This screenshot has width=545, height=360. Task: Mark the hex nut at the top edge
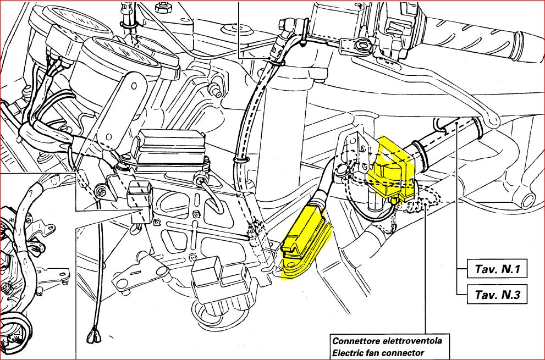[162, 8]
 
